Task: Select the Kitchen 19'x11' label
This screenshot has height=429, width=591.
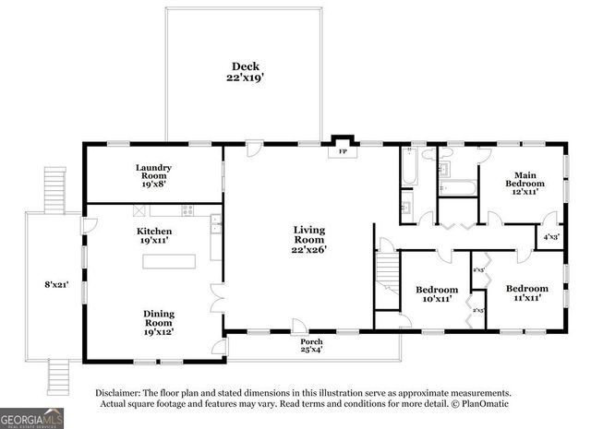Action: tap(153, 235)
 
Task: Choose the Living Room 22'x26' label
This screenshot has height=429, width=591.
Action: tap(309, 239)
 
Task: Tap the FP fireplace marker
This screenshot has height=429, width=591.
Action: tap(342, 150)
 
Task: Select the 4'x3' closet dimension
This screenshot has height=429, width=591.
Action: tap(550, 237)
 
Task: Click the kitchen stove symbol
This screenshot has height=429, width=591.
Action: tap(187, 209)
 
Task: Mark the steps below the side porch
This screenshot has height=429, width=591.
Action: tap(58, 375)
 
